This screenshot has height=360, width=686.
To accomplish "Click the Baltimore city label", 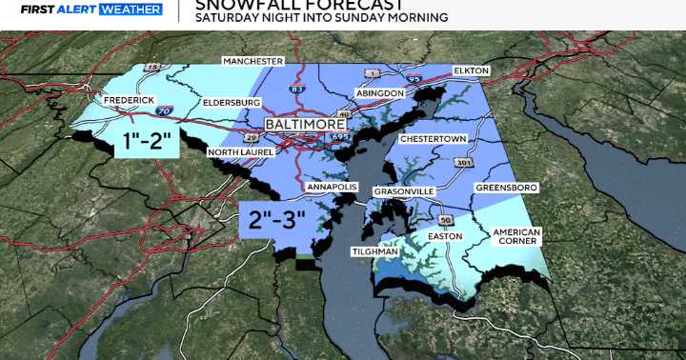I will click(305, 124).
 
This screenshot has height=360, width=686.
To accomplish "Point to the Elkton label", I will click(472, 71).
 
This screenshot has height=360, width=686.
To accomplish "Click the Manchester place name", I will click(253, 61).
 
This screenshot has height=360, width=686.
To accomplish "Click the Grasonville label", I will click(403, 191).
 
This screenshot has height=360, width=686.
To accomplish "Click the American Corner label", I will click(516, 238).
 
